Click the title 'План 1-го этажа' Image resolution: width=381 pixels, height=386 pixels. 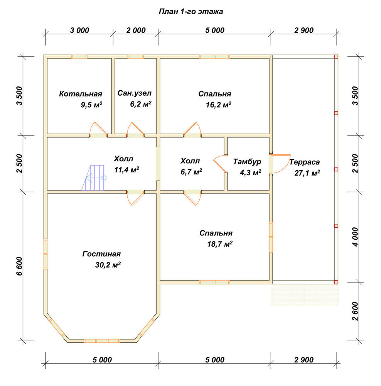point(191,12)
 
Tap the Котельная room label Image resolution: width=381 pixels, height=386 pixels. point(81,94)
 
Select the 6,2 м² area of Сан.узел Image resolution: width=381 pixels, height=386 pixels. point(141,104)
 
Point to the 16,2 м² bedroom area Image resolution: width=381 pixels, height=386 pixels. point(218,105)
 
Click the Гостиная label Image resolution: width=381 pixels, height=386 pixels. point(101,254)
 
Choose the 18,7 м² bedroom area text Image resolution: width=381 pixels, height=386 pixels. point(220,244)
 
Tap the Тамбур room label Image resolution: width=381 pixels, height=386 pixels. point(247,162)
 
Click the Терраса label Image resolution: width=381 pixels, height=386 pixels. point(305,162)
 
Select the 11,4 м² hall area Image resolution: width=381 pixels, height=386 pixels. point(126,169)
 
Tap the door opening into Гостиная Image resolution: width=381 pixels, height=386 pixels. point(135,198)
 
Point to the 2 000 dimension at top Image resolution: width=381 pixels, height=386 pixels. point(136,30)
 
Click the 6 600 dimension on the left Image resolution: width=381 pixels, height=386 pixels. point(20,266)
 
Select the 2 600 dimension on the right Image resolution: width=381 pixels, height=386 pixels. point(355,311)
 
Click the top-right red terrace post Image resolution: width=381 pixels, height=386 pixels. point(336,57)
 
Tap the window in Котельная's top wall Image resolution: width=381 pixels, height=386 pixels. point(79,57)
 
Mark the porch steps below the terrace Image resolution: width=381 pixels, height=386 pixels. point(305,295)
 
